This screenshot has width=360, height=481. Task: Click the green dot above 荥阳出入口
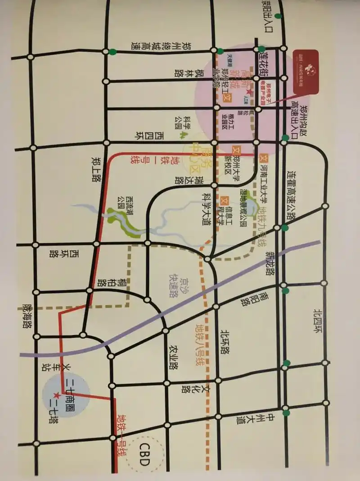[x=279, y=17]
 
